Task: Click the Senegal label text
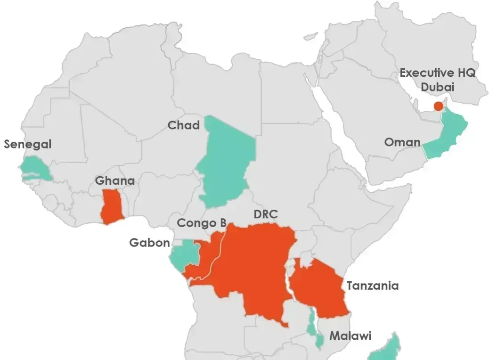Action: pyautogui.click(x=27, y=144)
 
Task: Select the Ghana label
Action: pyautogui.click(x=115, y=181)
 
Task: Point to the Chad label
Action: pyautogui.click(x=184, y=125)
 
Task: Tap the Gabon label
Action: pyautogui.click(x=149, y=243)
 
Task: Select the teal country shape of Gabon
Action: pyautogui.click(x=181, y=254)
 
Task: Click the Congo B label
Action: pyautogui.click(x=202, y=223)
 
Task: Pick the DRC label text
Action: pyautogui.click(x=266, y=214)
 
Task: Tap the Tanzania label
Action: pyautogui.click(x=372, y=286)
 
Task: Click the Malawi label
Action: pyautogui.click(x=350, y=336)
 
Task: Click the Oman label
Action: pyautogui.click(x=402, y=142)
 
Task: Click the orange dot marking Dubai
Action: pyautogui.click(x=439, y=106)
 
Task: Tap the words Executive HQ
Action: pyautogui.click(x=438, y=73)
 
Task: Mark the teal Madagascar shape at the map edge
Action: pyautogui.click(x=386, y=349)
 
